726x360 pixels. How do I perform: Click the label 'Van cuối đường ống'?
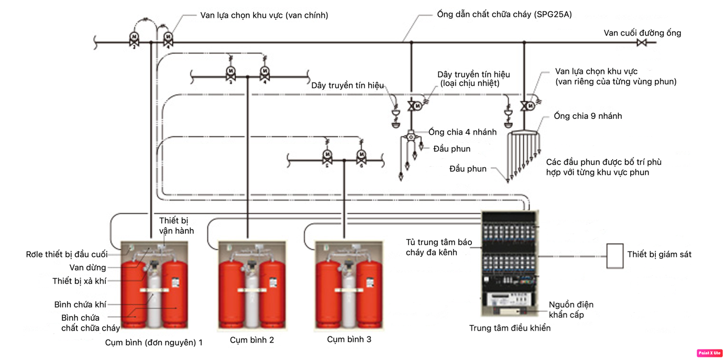click(642, 33)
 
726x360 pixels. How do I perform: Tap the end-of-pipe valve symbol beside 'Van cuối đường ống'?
click(641, 42)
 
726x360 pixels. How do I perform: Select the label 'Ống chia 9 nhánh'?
click(588, 116)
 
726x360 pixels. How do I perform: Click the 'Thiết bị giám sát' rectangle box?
click(614, 256)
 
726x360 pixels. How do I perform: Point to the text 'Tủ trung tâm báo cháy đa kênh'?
click(439, 247)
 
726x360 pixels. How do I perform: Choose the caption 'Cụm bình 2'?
click(252, 340)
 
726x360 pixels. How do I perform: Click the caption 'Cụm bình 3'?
click(349, 340)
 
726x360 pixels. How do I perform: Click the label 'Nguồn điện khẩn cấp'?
click(571, 310)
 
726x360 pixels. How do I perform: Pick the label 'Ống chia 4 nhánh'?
click(463, 132)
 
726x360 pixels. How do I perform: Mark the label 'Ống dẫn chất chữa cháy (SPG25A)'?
click(504, 15)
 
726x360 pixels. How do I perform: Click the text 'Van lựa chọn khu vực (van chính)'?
click(264, 15)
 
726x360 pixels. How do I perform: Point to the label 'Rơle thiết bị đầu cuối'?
click(67, 254)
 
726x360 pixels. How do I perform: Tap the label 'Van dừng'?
click(88, 268)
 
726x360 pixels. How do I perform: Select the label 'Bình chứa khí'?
click(80, 304)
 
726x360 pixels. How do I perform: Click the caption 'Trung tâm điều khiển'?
click(510, 328)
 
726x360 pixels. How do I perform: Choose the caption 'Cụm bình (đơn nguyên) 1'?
click(153, 343)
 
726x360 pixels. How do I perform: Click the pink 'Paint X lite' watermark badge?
click(709, 353)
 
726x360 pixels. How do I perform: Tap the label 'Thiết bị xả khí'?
click(79, 281)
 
